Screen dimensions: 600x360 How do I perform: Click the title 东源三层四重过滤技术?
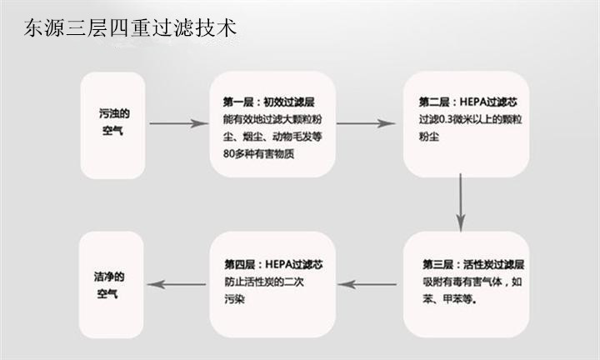click(x=130, y=27)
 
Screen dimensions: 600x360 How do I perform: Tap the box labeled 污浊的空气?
click(x=112, y=125)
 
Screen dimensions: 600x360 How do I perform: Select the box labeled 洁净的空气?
click(x=112, y=285)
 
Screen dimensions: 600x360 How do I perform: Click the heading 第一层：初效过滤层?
click(x=269, y=102)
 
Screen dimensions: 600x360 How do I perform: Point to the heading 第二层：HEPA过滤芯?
click(x=468, y=102)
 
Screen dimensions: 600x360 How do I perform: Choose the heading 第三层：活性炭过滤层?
click(x=473, y=264)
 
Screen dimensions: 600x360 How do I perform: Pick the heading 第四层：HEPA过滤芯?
click(x=273, y=264)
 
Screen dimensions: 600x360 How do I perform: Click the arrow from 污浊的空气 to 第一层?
click(x=178, y=123)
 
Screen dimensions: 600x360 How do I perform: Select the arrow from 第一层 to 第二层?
click(x=366, y=123)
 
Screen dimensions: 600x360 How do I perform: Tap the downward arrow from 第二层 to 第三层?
click(x=460, y=202)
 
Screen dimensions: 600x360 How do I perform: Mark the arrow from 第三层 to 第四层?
click(x=367, y=284)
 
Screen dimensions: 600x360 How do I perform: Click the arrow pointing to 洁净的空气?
click(x=177, y=284)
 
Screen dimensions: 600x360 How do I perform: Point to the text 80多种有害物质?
click(x=258, y=154)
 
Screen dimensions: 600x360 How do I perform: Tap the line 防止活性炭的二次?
click(x=264, y=282)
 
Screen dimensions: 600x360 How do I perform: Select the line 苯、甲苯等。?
click(x=450, y=299)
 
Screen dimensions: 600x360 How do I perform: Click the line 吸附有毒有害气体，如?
click(x=472, y=282)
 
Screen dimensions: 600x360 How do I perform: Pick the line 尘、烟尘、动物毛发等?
click(x=272, y=137)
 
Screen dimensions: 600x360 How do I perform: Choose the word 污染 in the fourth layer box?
click(x=234, y=299)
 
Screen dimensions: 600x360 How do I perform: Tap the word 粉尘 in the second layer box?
click(x=428, y=137)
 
